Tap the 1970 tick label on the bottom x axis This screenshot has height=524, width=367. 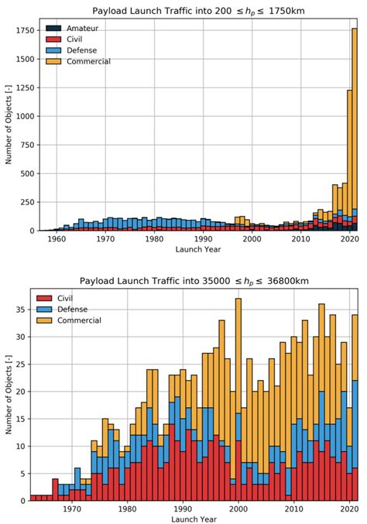[x=72, y=509]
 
